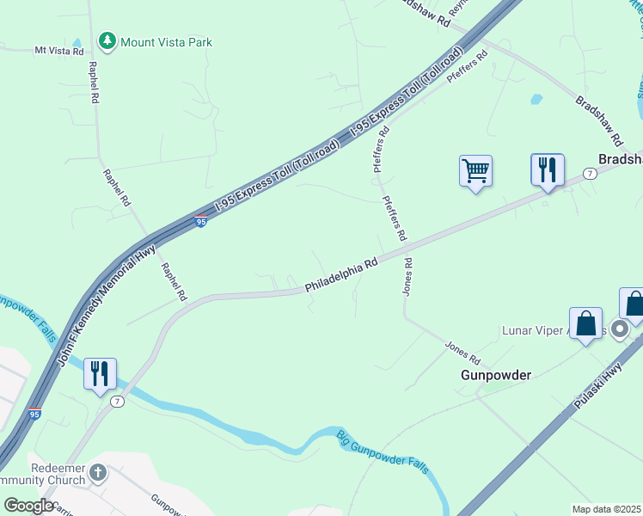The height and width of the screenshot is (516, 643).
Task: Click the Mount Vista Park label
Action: pos(166,42)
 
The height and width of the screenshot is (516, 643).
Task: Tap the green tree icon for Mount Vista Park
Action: pos(107,41)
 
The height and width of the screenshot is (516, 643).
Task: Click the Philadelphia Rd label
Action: pos(342,275)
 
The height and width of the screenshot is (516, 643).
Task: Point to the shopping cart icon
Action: pos(475,170)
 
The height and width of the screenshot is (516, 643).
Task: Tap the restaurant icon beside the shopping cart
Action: pos(547,169)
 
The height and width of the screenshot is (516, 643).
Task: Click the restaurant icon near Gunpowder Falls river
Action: pos(100,373)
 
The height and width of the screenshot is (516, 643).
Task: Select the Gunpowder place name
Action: pos(496,375)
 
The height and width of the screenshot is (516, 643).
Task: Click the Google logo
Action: pos(28,506)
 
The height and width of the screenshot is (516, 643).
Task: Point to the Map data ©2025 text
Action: pos(606,509)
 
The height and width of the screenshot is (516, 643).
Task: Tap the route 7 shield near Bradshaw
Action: pos(589,173)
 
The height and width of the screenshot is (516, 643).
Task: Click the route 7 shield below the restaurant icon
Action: pos(118,402)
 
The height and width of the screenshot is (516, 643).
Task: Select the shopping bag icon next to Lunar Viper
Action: pos(585,325)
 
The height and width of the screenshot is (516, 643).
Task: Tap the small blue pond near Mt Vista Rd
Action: pos(77,42)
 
